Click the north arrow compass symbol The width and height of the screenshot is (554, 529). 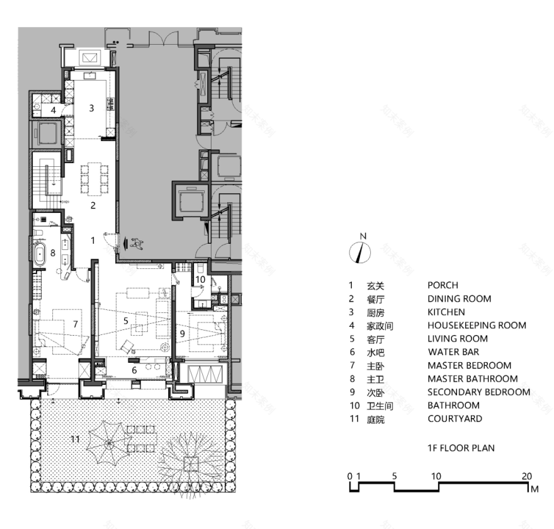click(x=360, y=253)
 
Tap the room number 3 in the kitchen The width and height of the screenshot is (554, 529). click(x=91, y=108)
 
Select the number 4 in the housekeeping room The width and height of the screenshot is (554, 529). click(x=54, y=110)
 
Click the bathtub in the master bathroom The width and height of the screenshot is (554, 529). click(x=40, y=253)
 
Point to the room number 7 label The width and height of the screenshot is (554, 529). click(x=76, y=324)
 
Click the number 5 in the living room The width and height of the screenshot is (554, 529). click(x=126, y=321)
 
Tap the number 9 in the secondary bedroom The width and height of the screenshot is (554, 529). click(x=183, y=333)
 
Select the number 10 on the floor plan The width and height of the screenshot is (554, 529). click(x=200, y=280)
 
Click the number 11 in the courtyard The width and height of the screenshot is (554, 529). click(x=76, y=439)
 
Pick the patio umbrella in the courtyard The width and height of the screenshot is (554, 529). click(x=109, y=443)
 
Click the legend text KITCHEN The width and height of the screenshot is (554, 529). click(x=446, y=312)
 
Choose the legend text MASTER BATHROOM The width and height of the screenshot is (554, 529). click(x=473, y=379)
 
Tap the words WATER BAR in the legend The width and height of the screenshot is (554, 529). click(x=454, y=352)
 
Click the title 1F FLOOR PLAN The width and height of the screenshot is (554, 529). click(x=461, y=448)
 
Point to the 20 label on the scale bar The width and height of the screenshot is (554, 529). click(x=527, y=476)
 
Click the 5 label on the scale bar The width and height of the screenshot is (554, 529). click(x=394, y=476)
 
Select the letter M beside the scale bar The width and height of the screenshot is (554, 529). click(x=534, y=489)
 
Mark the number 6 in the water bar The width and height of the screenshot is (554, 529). click(x=134, y=370)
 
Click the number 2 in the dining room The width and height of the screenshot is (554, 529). click(x=93, y=205)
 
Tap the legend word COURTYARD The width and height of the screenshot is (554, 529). click(x=455, y=419)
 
